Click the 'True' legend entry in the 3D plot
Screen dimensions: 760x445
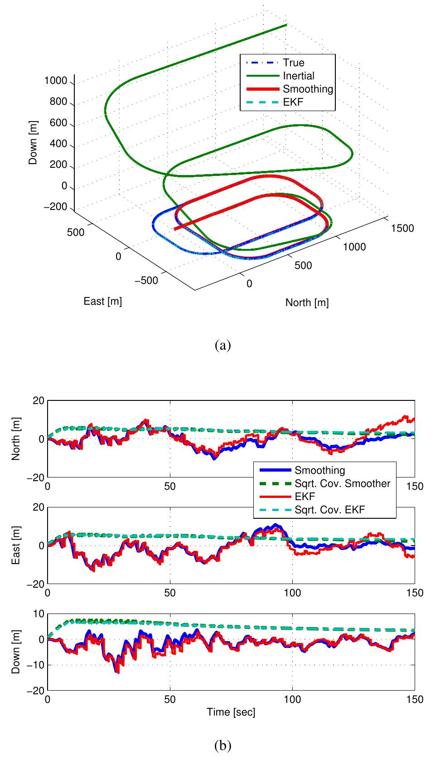[293, 63]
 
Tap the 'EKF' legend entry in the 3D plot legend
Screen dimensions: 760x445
[293, 102]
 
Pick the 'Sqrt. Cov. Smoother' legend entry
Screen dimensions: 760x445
[342, 483]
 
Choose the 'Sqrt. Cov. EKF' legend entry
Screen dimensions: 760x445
[329, 510]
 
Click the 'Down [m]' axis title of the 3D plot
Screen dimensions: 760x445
[33, 142]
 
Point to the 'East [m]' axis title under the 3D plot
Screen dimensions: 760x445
[102, 301]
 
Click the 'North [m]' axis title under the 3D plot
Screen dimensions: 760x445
[307, 302]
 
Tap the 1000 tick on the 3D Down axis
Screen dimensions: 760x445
[56, 81]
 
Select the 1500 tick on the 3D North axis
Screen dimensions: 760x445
[402, 228]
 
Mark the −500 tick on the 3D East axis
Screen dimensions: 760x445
[146, 280]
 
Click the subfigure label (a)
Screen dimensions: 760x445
[222, 346]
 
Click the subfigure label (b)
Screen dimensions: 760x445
[222, 745]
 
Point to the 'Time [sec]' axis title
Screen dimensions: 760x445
[231, 712]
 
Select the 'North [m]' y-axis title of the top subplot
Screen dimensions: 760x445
[16, 439]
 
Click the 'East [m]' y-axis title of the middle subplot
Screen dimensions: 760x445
[16, 546]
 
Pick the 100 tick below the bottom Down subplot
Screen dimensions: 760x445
[292, 700]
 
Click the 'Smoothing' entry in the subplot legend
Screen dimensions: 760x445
[319, 470]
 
